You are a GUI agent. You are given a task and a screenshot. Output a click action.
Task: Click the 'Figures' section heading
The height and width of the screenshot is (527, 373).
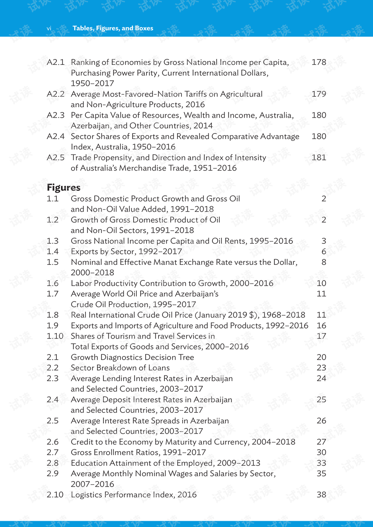coord(63,188)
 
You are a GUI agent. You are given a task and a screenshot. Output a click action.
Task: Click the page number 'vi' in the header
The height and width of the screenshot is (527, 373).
coord(49,28)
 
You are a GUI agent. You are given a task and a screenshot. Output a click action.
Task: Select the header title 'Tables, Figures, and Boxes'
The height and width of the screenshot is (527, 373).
coord(113,28)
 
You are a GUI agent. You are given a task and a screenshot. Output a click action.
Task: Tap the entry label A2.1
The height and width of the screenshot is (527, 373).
coord(56,63)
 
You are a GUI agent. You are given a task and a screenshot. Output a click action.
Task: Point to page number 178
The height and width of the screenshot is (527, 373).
coord(319,63)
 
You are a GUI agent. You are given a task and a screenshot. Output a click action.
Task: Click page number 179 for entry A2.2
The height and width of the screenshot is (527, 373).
coord(319,94)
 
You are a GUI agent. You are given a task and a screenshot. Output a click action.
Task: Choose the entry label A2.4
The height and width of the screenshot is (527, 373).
coord(56,136)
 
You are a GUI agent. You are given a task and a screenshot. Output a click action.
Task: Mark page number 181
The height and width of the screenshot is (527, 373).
coord(319,158)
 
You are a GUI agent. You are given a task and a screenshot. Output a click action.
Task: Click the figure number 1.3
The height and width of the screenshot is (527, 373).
coord(52,241)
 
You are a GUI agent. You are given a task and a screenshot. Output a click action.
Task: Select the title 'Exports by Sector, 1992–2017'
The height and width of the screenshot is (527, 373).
coord(126,252)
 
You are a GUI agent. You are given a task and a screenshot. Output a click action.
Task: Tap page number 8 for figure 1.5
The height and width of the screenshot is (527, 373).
coord(324,262)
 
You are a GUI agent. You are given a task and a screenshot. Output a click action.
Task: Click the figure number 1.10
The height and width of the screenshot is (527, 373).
coord(55,336)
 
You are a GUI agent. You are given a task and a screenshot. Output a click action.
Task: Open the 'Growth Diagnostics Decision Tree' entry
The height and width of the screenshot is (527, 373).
coord(132,357)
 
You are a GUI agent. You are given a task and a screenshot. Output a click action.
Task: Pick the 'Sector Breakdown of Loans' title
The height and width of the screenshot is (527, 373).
coord(120,368)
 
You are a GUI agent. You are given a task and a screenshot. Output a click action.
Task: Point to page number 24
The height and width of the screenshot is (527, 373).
coord(321,378)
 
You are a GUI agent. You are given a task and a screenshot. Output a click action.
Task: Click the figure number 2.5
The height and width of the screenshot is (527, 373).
coord(52,421)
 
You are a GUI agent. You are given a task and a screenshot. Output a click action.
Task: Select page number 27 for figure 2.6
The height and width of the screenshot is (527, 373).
coord(321,442)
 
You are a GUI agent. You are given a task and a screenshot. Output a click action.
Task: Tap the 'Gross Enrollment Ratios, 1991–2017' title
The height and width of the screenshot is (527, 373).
coord(138,452)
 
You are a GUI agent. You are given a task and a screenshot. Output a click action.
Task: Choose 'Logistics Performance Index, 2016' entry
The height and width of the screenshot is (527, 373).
coord(134,495)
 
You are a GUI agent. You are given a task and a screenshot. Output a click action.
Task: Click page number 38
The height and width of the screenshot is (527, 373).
coord(321,495)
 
